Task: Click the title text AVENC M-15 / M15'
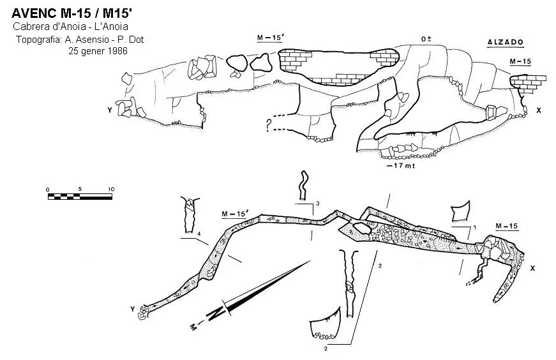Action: click(72, 13)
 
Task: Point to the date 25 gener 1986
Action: click(98, 50)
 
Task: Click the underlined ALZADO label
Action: click(506, 43)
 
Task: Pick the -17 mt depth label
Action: click(400, 165)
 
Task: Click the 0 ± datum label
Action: click(426, 39)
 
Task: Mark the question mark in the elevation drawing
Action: click(269, 125)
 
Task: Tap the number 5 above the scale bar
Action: click(80, 189)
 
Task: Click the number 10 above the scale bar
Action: click(111, 189)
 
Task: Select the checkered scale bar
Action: click(80, 196)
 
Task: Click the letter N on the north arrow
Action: click(216, 313)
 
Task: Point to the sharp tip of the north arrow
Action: click(310, 261)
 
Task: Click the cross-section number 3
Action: click(318, 204)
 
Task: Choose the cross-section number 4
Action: click(199, 234)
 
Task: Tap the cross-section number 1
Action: click(475, 227)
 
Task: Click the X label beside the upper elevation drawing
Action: click(539, 110)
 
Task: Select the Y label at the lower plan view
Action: click(133, 310)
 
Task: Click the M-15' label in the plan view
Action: click(235, 214)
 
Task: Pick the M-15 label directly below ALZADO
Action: click(520, 61)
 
